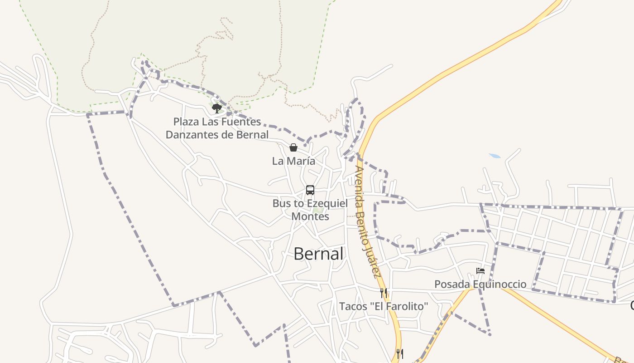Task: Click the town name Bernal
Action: click(x=318, y=254)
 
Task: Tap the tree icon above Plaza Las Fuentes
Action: click(x=217, y=108)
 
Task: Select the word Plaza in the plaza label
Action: click(x=186, y=122)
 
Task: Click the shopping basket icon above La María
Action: click(x=293, y=147)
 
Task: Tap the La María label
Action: click(x=293, y=161)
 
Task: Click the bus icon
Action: click(x=310, y=190)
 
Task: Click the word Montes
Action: click(x=310, y=216)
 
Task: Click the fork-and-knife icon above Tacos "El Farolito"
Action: click(x=384, y=293)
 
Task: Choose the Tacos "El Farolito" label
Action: click(x=384, y=306)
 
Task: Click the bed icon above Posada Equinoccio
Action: click(x=480, y=271)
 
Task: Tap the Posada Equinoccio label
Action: click(x=480, y=285)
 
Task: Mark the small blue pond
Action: click(x=495, y=156)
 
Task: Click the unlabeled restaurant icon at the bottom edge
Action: click(x=399, y=353)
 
